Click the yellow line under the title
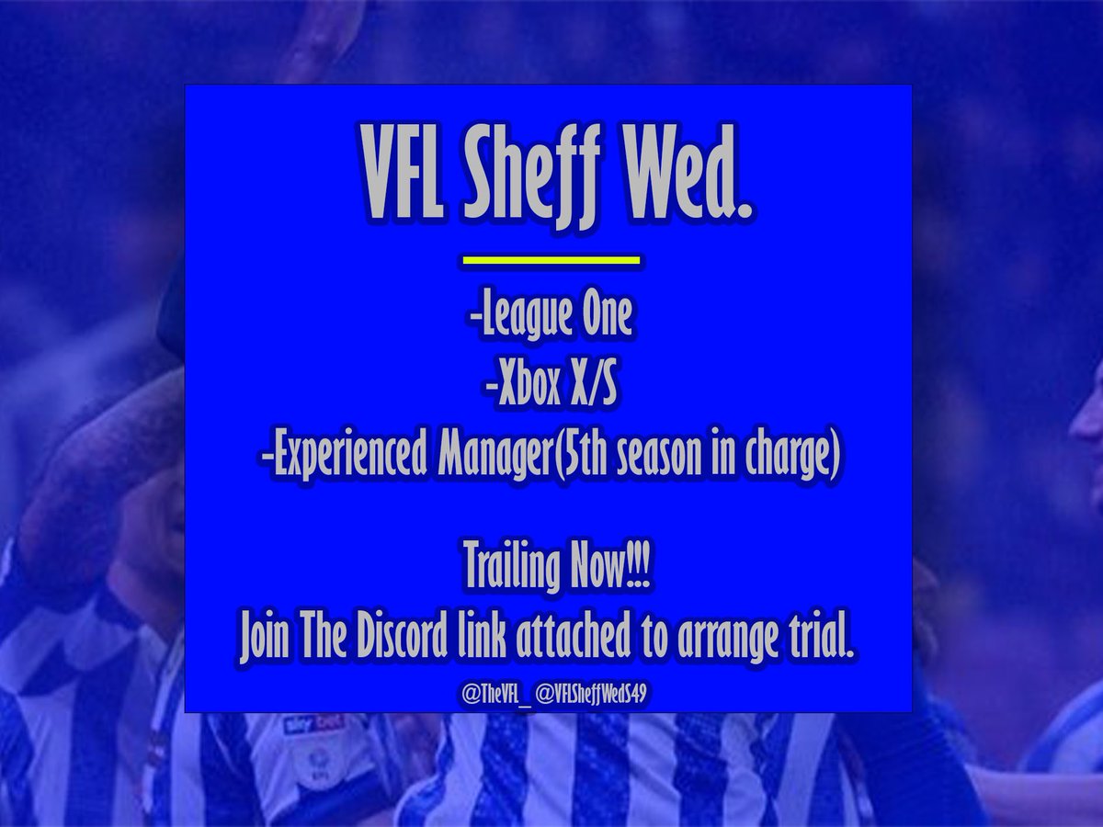[550, 261]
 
